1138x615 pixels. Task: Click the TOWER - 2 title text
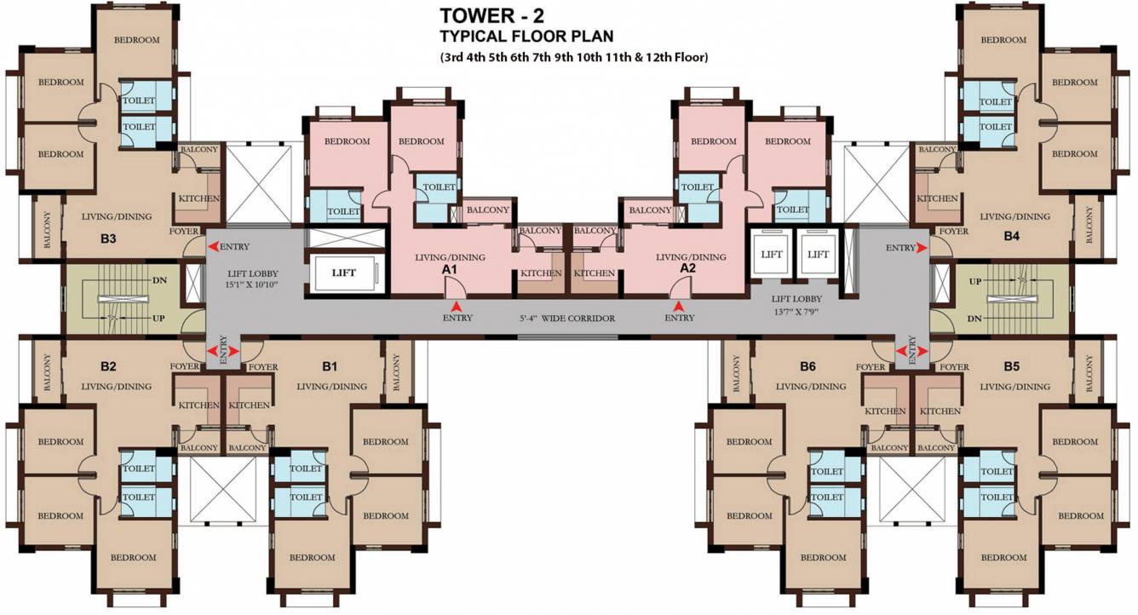[x=491, y=15]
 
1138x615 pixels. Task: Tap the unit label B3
[x=108, y=239]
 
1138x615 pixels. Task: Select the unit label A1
[x=450, y=270]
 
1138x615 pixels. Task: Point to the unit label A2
[x=687, y=268]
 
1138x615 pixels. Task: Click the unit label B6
[x=808, y=366]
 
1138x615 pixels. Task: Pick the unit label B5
[x=1011, y=366]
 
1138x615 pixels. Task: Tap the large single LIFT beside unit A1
[x=343, y=273]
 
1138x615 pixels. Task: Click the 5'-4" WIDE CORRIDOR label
[x=567, y=319]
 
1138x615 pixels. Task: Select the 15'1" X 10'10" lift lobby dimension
[x=252, y=285]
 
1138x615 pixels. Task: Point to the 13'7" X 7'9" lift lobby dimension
[x=796, y=312]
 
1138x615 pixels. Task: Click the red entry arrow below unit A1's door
[x=457, y=307]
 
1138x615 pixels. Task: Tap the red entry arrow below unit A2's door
[x=678, y=307]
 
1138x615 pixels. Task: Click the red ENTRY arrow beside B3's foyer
[x=213, y=247]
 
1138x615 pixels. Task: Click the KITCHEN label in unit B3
[x=198, y=198]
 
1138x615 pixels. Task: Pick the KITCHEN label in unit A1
[x=541, y=273]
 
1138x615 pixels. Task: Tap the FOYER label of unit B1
[x=263, y=366]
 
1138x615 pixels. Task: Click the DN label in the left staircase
[x=159, y=280]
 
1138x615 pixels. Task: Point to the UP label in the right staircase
[x=975, y=281]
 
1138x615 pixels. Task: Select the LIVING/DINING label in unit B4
[x=1014, y=217]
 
